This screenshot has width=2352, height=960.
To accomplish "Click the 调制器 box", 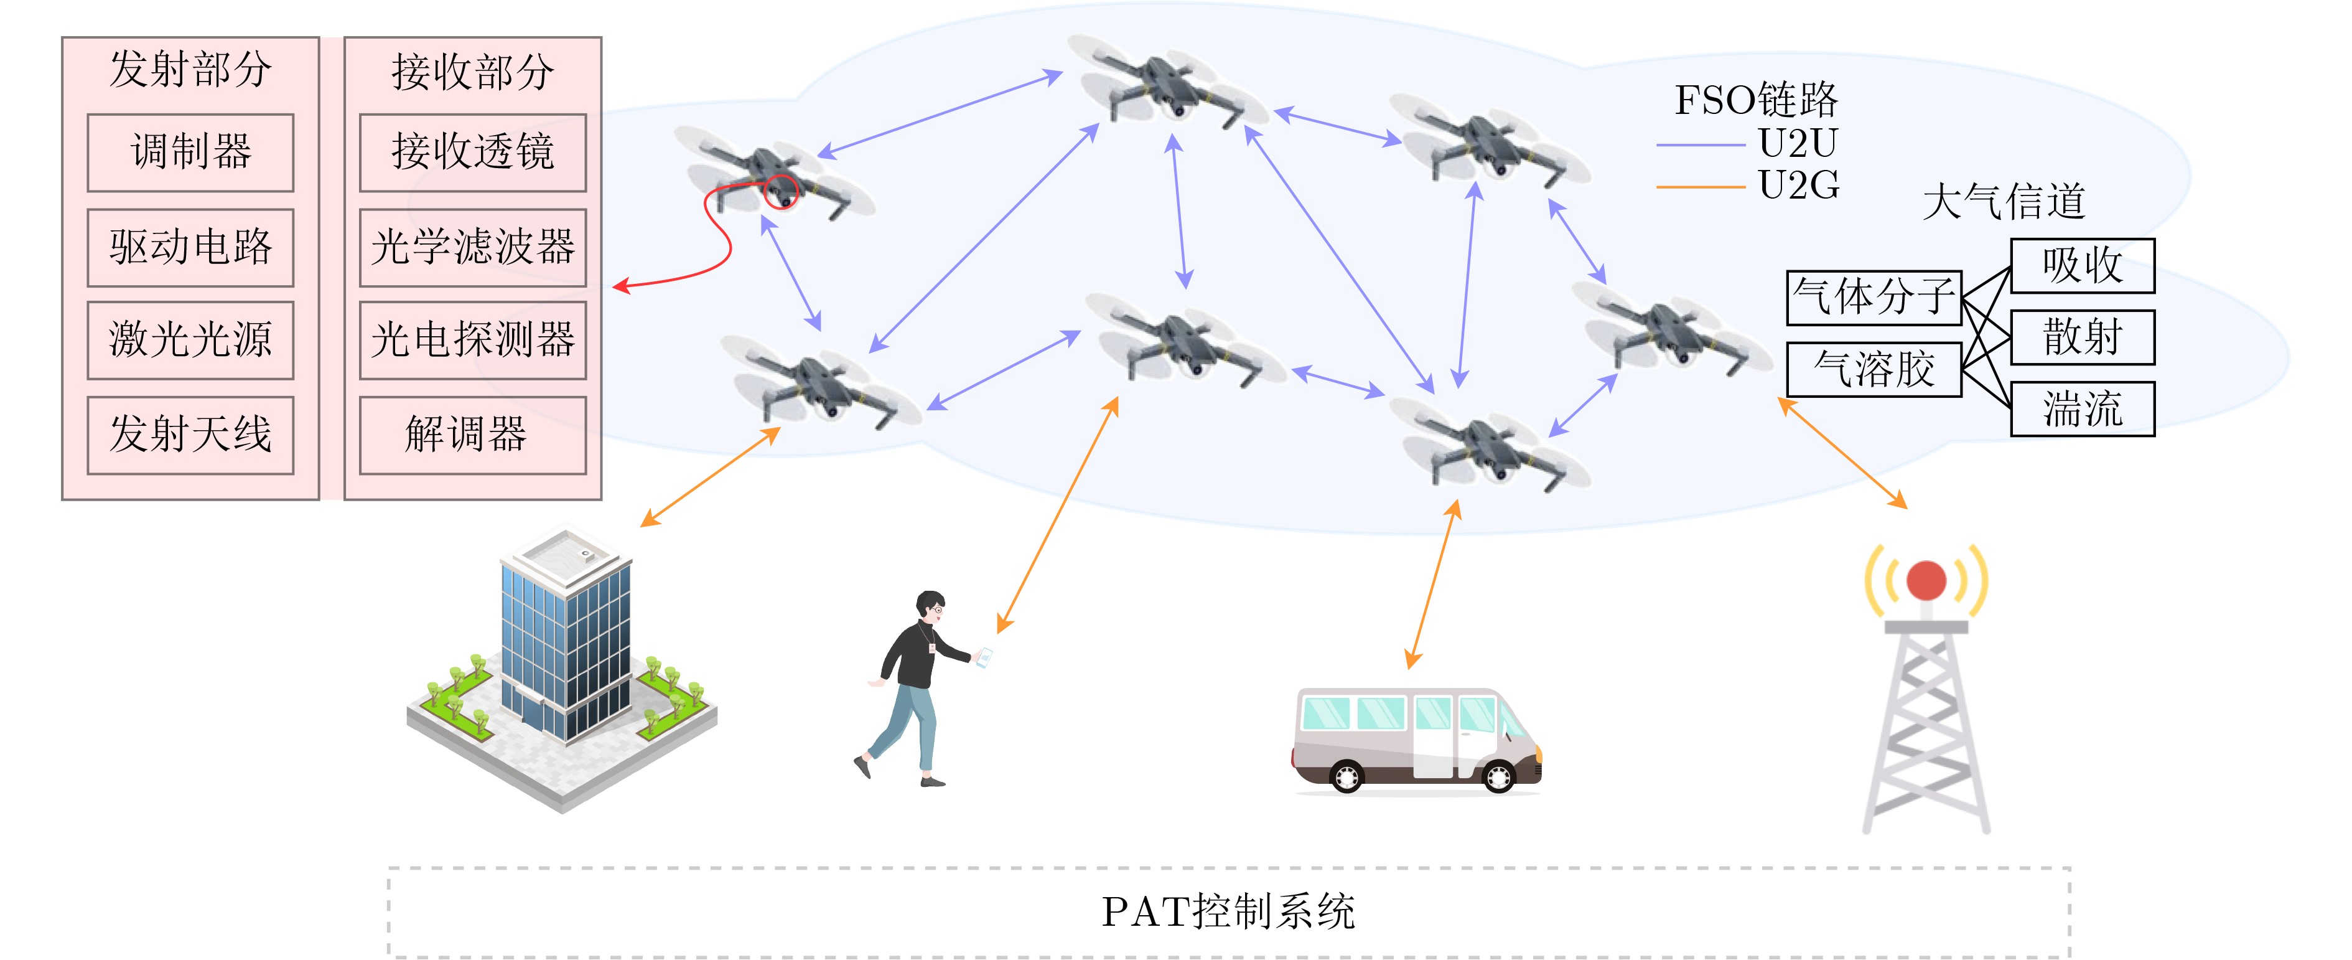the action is (190, 153).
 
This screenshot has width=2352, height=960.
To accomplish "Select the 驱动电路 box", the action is (190, 248).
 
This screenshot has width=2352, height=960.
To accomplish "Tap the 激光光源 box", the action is (190, 340).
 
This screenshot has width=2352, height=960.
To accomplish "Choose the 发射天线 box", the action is (190, 435).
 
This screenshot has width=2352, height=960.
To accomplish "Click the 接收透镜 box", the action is (473, 153).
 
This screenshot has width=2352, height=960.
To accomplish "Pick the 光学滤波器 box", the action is (473, 248).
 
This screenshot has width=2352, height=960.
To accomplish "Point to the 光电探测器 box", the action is (473, 340).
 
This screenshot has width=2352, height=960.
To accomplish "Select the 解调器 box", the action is (473, 435).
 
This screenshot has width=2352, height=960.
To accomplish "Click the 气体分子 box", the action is (1874, 298).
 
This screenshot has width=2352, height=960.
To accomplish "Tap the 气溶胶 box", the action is (1874, 369).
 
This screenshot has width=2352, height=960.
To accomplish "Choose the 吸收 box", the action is (2083, 266).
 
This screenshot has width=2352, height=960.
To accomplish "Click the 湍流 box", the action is (2083, 408).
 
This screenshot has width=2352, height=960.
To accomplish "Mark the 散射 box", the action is (2083, 337).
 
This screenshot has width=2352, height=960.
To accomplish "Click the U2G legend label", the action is (1799, 186).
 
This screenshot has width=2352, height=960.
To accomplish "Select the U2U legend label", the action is (1799, 143).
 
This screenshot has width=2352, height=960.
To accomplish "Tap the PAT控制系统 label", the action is (1228, 911).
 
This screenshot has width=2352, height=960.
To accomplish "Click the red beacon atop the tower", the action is (1926, 580).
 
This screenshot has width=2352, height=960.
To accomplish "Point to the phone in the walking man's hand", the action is (983, 657).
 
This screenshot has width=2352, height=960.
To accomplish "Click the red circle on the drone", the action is (781, 192).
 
